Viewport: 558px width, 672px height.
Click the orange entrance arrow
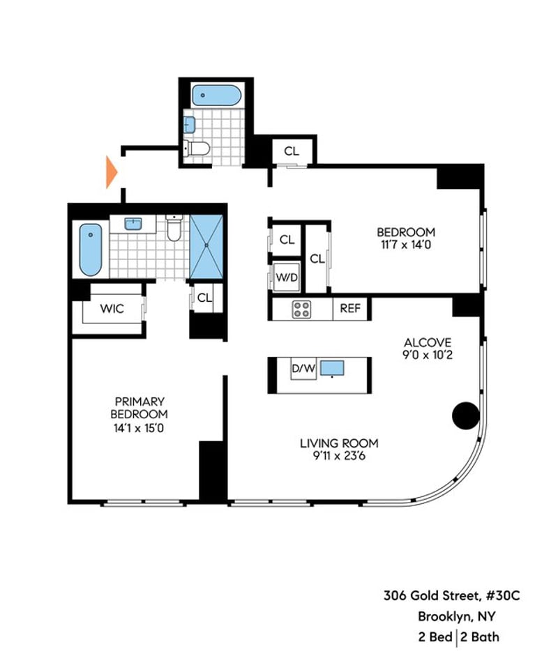111,172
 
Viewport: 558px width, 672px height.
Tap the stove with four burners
301,310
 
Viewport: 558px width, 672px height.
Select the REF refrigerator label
350,308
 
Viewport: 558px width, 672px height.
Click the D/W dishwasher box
303,369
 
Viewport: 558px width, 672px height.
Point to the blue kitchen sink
332,368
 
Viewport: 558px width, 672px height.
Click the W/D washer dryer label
287,277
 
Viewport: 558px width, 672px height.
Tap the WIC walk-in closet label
112,309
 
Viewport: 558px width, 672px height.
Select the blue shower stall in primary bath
206,247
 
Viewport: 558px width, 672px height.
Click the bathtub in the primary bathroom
91,250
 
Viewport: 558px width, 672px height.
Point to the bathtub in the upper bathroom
217,95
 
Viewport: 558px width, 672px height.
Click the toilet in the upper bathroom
197,148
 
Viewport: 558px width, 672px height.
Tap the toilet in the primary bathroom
174,228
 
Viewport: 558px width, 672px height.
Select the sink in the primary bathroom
133,224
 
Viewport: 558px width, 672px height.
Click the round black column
466,415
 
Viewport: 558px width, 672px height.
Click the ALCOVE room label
428,342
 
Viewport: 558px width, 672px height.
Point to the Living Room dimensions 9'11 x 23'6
339,456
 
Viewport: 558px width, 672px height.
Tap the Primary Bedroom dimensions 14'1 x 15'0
139,428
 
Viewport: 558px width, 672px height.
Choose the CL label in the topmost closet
292,151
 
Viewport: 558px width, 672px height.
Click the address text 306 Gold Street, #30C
452,596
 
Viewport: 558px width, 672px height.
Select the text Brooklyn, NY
457,616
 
